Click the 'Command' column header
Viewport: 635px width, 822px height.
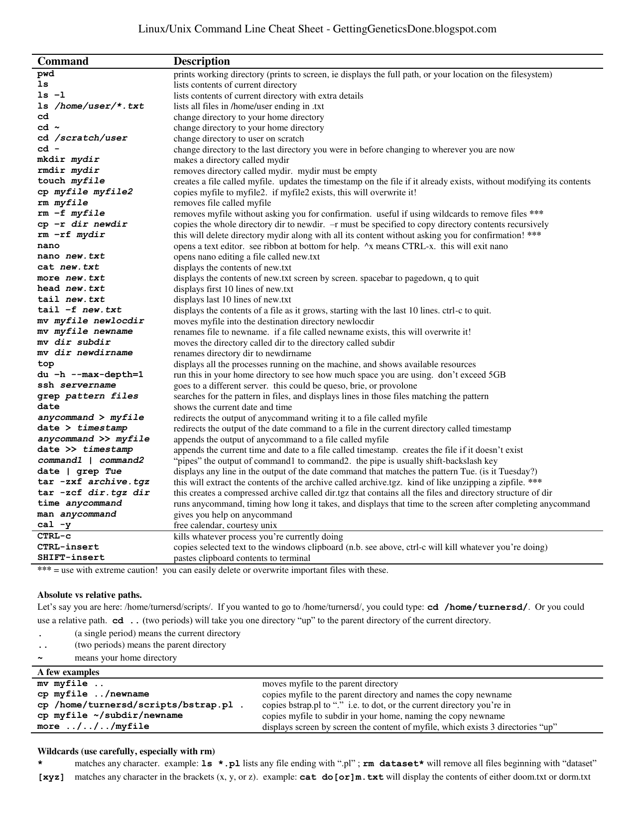pyautogui.click(x=63, y=61)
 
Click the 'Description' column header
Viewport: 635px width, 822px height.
pyautogui.click(x=202, y=61)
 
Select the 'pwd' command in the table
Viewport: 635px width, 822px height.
pyautogui.click(x=46, y=74)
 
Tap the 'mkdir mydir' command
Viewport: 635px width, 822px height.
pyautogui.click(x=68, y=159)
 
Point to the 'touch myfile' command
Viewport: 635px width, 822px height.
pyautogui.click(x=71, y=181)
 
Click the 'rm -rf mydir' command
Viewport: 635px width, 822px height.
pyautogui.click(x=71, y=235)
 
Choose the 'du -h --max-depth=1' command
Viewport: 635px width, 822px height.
pyautogui.click(x=90, y=374)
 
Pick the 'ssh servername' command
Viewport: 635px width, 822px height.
pyautogui.click(x=77, y=385)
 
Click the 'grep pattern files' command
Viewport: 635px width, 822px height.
pyautogui.click(x=88, y=396)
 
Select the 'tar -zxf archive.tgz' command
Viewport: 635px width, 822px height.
pyautogui.click(x=94, y=482)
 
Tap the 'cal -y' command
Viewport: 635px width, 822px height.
pyautogui.click(x=54, y=525)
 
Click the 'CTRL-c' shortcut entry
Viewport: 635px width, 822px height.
pyautogui.click(x=54, y=536)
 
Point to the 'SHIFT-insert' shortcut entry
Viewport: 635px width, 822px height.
pyautogui.click(x=71, y=557)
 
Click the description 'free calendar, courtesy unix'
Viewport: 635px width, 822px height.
pyautogui.click(x=225, y=525)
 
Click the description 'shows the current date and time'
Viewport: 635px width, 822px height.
pyautogui.click(x=233, y=407)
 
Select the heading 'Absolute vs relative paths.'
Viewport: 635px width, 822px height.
pyautogui.click(x=90, y=594)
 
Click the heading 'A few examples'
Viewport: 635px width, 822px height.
pyautogui.click(x=68, y=672)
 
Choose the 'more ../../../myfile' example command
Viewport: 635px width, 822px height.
pyautogui.click(x=93, y=726)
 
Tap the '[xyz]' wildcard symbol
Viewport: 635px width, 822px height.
pyautogui.click(x=51, y=777)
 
